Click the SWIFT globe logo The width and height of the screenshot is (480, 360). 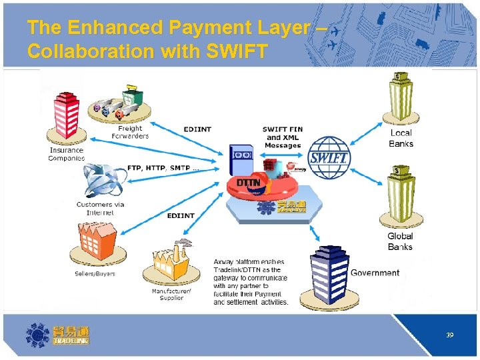pyautogui.click(x=328, y=157)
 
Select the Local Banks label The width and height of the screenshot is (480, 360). pyautogui.click(x=401, y=138)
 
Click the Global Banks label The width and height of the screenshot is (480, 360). pyautogui.click(x=401, y=241)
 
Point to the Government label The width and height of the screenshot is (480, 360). pyautogui.click(x=375, y=273)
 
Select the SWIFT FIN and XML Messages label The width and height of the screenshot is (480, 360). pyautogui.click(x=282, y=137)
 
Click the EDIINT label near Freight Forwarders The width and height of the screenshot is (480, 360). pyautogui.click(x=197, y=129)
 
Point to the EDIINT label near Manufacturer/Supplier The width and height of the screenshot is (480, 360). pyautogui.click(x=181, y=215)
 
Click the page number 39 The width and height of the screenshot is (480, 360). pyautogui.click(x=450, y=335)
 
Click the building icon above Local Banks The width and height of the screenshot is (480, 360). pyautogui.click(x=402, y=97)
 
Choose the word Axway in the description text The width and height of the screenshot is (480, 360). pyautogui.click(x=225, y=261)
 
